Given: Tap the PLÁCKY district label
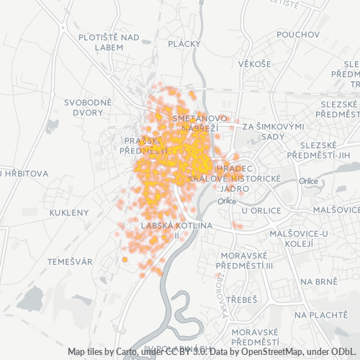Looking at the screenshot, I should [184, 44].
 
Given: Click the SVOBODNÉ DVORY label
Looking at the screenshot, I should [88, 107].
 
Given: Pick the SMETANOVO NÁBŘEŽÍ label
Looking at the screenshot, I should [200, 122].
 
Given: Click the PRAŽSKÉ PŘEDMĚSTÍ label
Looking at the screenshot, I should [145, 145].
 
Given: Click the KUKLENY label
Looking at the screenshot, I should [69, 212].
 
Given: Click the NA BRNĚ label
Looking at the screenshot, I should [318, 282].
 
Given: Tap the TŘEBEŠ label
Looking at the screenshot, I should [241, 298].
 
